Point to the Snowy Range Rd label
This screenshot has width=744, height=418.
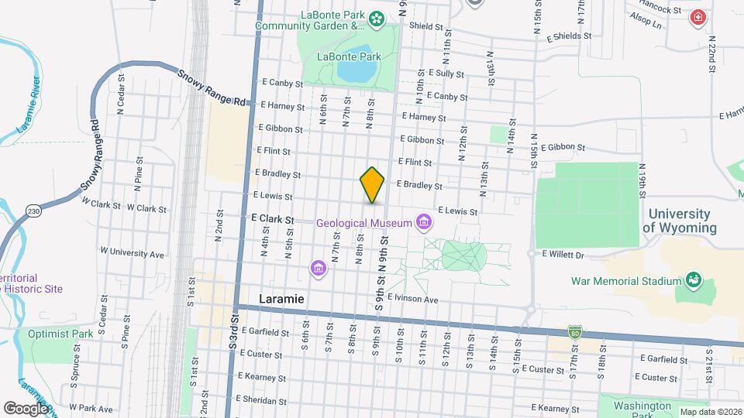coord(212,88)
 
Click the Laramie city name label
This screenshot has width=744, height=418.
coord(281,299)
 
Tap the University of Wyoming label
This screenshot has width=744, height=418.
coord(679,221)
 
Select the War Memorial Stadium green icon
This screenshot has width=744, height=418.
coord(693,281)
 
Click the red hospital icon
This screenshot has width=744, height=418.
coord(699,17)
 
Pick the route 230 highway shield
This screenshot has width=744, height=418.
coord(33,210)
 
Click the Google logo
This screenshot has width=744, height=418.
coord(26,408)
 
